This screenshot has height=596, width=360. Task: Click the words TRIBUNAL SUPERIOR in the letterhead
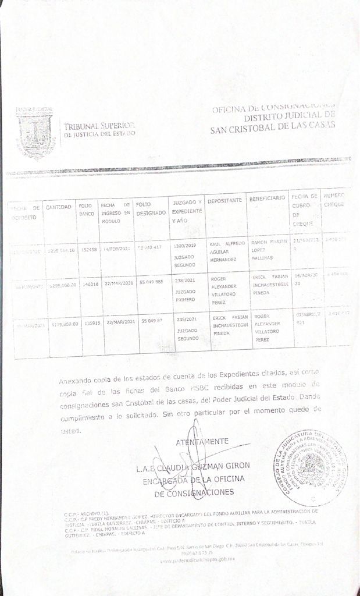pyautogui.click(x=99, y=126)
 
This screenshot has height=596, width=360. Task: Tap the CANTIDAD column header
pyautogui.click(x=59, y=207)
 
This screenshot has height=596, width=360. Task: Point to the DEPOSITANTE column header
pyautogui.click(x=224, y=200)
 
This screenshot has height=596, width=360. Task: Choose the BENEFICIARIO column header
pyautogui.click(x=268, y=199)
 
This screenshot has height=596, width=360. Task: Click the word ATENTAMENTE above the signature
pyautogui.click(x=202, y=441)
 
